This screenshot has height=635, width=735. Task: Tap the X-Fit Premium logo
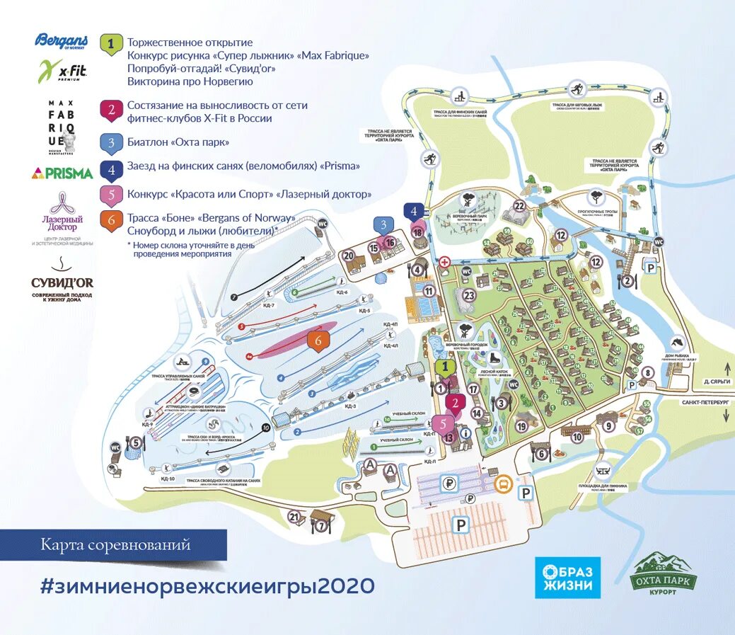(62, 71)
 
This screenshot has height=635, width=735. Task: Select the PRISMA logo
(62, 173)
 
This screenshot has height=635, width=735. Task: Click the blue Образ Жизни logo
(567, 578)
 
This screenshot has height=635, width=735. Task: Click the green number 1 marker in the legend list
(111, 45)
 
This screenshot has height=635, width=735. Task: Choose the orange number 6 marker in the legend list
(111, 220)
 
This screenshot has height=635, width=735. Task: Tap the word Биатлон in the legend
(147, 142)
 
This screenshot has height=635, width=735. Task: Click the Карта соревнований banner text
(115, 545)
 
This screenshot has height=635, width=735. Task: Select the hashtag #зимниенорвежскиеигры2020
(207, 586)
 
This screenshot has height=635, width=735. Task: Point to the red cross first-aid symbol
(444, 261)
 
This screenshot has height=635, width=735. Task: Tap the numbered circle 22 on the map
(520, 207)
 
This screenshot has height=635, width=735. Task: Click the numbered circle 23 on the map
(468, 295)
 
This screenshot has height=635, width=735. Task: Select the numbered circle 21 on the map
(295, 517)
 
